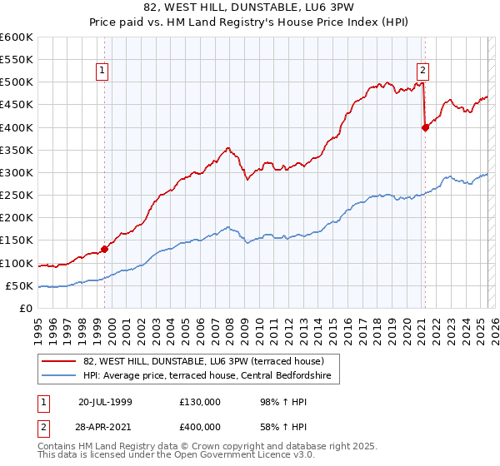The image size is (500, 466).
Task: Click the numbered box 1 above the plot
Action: (102, 72)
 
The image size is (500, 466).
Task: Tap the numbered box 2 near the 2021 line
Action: (423, 72)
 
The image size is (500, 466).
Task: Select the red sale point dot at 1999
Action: (105, 249)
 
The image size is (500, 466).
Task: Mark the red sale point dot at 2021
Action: (426, 127)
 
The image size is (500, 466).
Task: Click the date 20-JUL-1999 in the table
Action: (105, 402)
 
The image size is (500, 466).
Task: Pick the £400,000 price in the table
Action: (200, 426)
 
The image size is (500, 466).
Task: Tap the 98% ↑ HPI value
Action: (276, 402)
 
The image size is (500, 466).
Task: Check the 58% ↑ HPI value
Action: (276, 426)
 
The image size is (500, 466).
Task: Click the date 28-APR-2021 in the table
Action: (105, 426)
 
